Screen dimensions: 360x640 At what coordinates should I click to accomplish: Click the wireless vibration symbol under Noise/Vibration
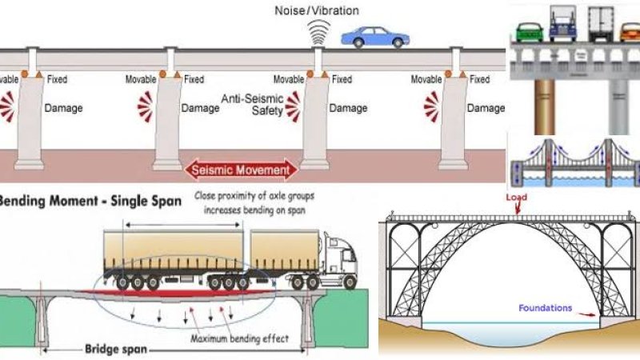[x=319, y=30]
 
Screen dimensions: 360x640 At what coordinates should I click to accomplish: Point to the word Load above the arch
[x=517, y=196]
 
